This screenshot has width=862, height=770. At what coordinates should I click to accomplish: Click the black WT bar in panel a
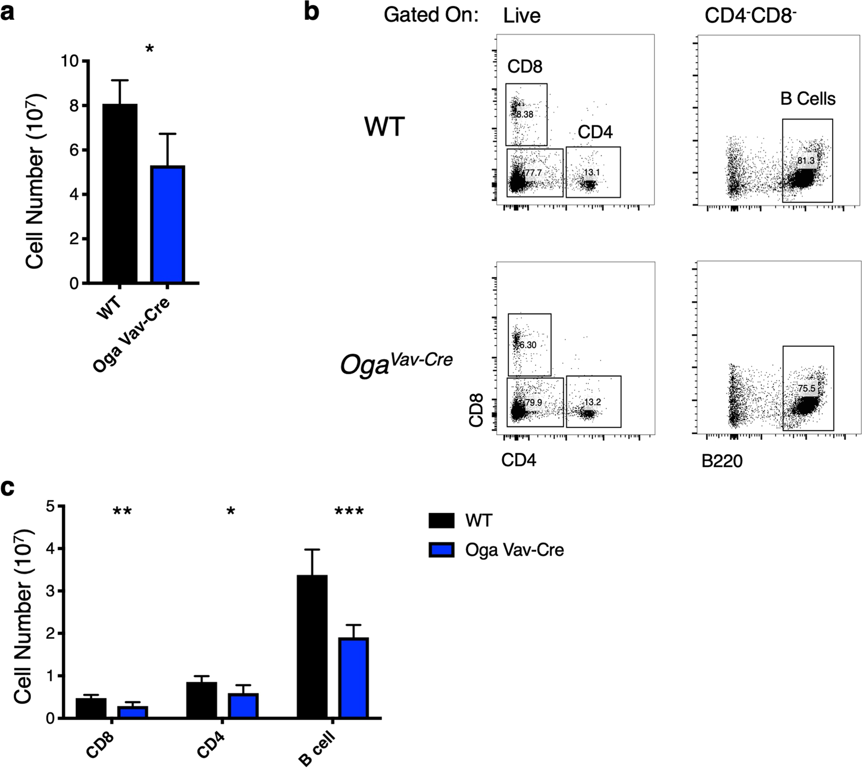click(120, 194)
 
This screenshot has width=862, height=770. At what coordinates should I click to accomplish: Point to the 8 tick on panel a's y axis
click(73, 106)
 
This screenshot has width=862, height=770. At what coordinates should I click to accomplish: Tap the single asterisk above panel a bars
click(150, 50)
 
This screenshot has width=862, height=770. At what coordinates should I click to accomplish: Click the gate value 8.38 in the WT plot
click(525, 114)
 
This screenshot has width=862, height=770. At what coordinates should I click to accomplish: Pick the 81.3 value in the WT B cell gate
click(806, 160)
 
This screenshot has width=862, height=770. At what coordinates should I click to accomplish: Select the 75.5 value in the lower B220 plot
click(806, 388)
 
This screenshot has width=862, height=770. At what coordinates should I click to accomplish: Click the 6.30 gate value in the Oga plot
click(526, 345)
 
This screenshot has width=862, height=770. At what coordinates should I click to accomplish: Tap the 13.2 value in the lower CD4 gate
click(592, 402)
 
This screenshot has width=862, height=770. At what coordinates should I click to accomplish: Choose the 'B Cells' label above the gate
click(808, 99)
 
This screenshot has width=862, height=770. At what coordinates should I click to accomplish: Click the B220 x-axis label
click(722, 461)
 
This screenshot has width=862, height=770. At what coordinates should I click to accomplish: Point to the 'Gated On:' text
click(431, 15)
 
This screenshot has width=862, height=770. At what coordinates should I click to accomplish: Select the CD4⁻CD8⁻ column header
click(750, 16)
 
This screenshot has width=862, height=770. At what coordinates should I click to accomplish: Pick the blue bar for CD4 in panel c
click(242, 706)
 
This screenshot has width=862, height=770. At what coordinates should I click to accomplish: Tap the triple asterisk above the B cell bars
click(349, 512)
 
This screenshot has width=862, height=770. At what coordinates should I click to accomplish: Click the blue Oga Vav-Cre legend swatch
click(441, 549)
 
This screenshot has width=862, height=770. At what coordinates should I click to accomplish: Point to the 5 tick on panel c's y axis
click(51, 506)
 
